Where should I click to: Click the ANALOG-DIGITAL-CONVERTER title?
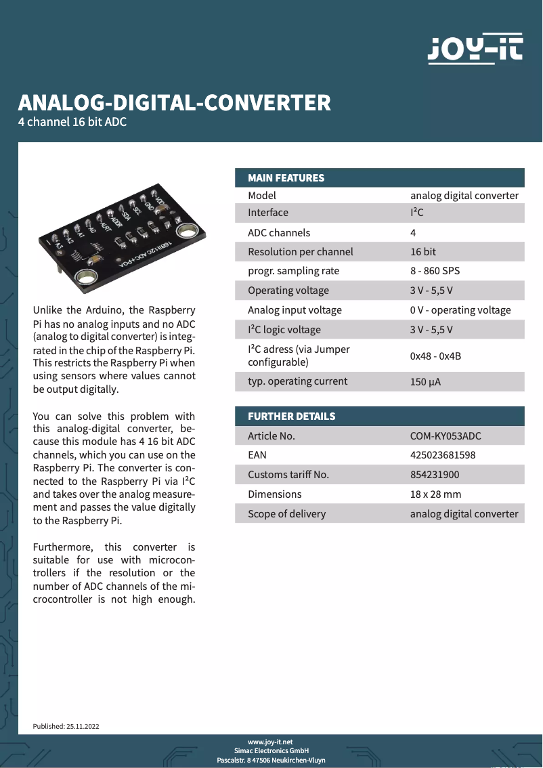pyautogui.click(x=175, y=102)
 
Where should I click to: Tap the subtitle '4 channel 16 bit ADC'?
pyautogui.click(x=72, y=123)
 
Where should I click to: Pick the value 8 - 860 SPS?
pyautogui.click(x=435, y=271)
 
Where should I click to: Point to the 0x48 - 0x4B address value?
pyautogui.click(x=435, y=356)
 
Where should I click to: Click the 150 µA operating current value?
pyautogui.click(x=425, y=382)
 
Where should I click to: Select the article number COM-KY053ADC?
pyautogui.click(x=445, y=435)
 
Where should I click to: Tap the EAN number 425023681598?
pyautogui.click(x=443, y=455)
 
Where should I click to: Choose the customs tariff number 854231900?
pyautogui.click(x=435, y=475)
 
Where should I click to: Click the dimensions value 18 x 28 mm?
pyautogui.click(x=435, y=494)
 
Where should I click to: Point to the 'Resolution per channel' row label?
pyautogui.click(x=300, y=252)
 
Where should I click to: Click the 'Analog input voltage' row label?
pyautogui.click(x=295, y=310)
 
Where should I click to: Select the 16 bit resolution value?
pyautogui.click(x=423, y=252)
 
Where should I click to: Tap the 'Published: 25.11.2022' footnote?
pyautogui.click(x=66, y=726)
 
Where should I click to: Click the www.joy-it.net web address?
pyautogui.click(x=271, y=742)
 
